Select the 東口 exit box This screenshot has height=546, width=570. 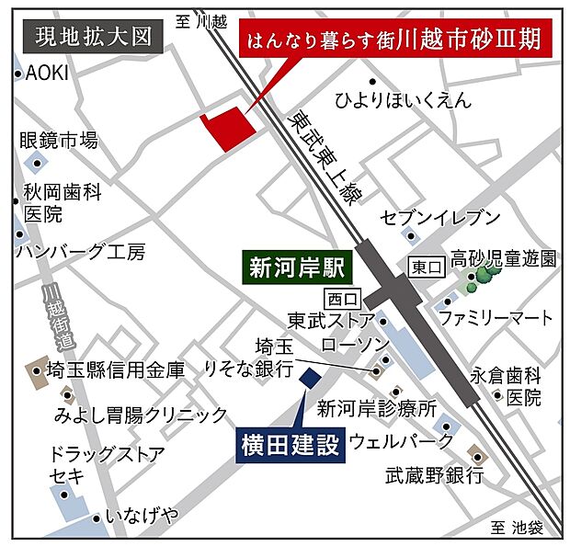tap(426, 267)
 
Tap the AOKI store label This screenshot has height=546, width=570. tap(49, 74)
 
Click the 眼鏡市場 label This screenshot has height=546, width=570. tap(59, 141)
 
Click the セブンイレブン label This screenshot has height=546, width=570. tap(440, 218)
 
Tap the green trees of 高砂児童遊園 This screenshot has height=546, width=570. tap(482, 278)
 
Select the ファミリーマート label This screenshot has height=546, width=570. tap(496, 318)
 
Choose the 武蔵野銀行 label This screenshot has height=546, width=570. tap(434, 475)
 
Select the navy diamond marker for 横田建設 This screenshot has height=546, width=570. tap(310, 377)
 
